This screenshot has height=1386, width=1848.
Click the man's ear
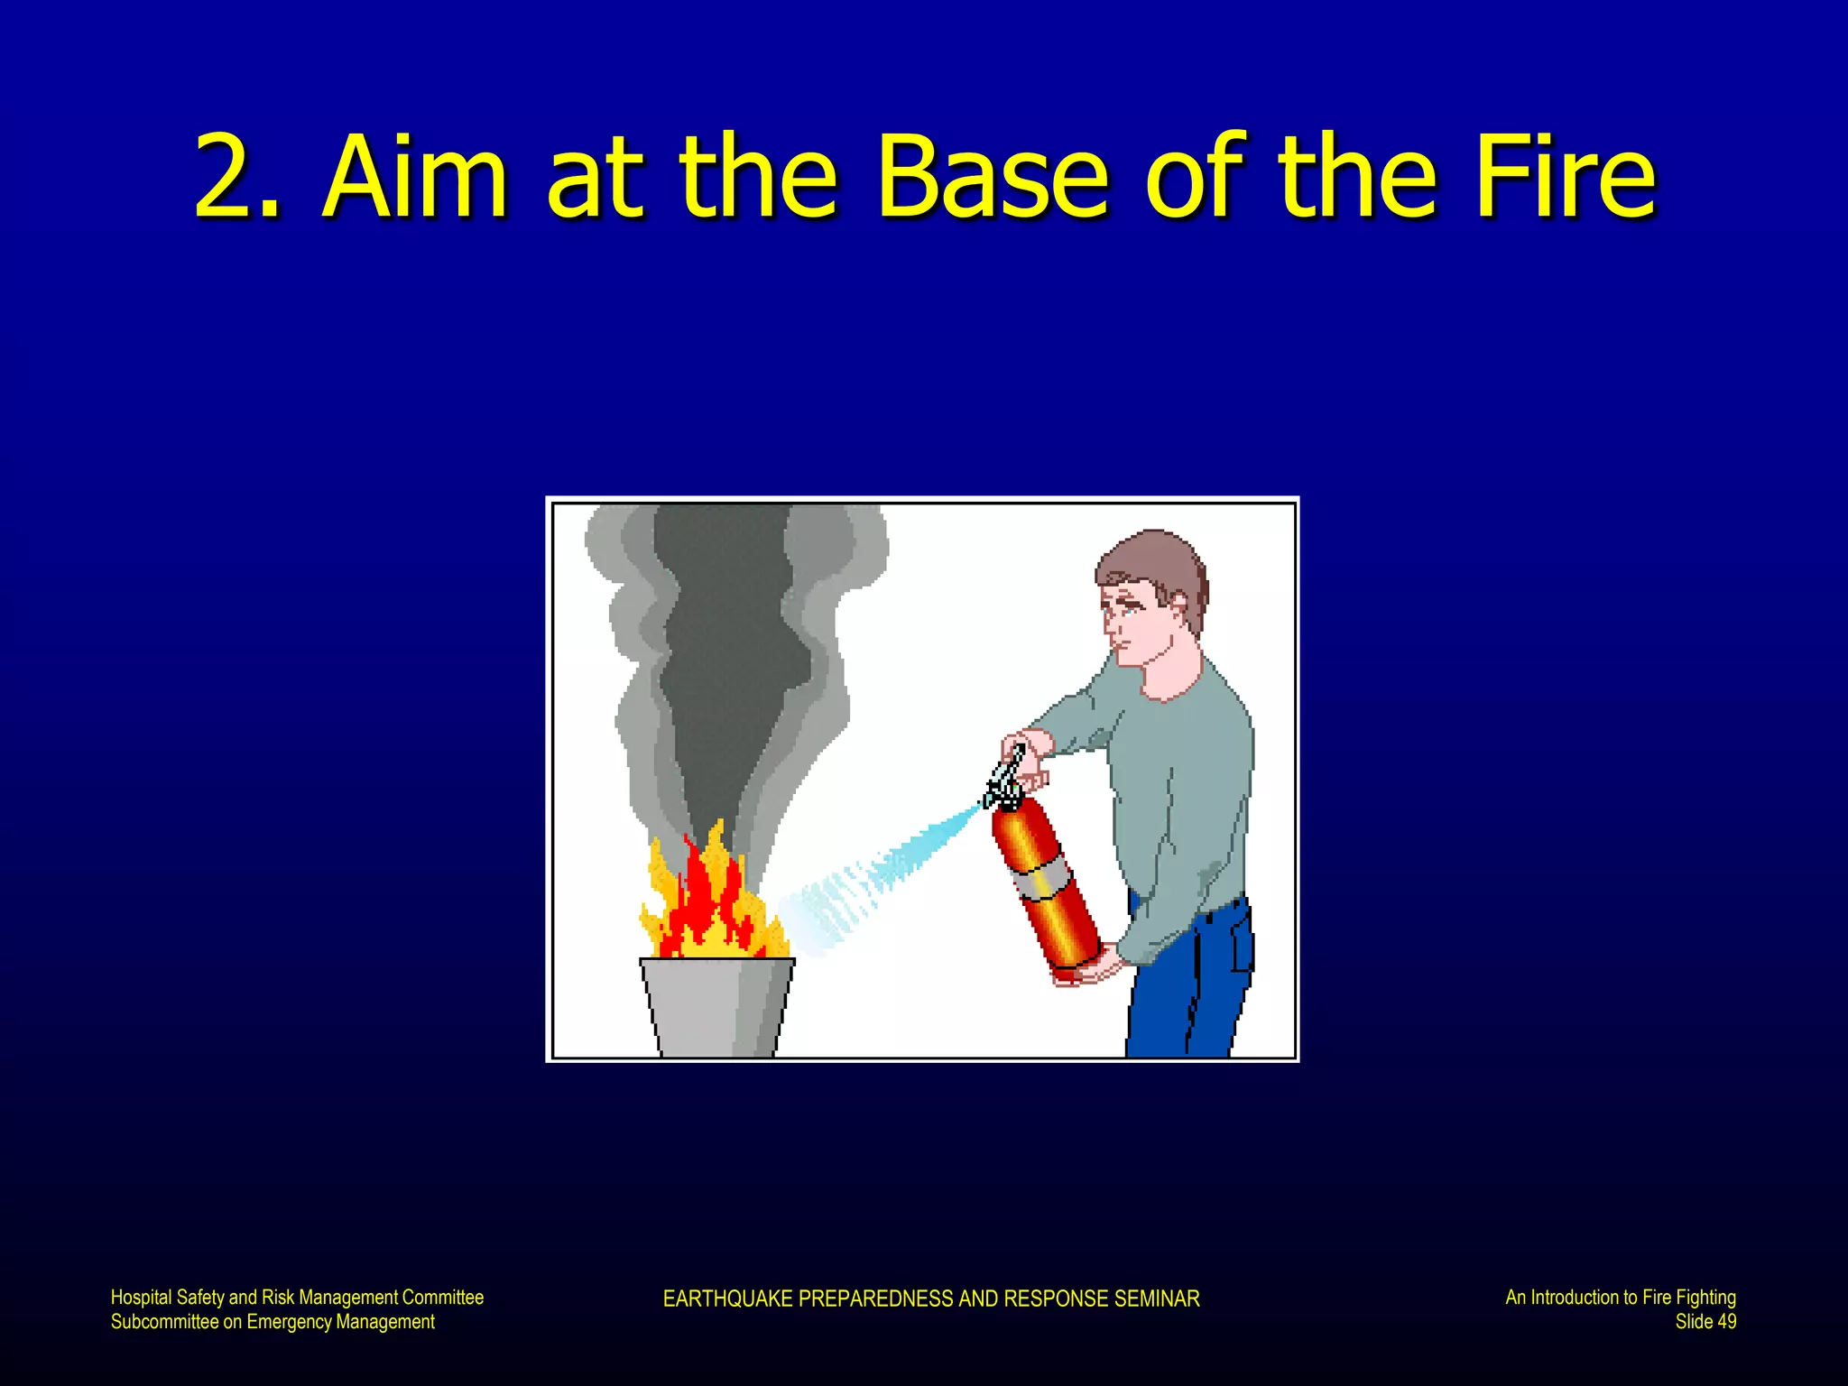tap(1178, 606)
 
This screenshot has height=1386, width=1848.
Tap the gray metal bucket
tap(717, 1006)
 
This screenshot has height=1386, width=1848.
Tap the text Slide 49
tap(1705, 1322)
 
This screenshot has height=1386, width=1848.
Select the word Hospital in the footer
tap(140, 1298)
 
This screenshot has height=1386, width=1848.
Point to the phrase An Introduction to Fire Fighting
tap(1620, 1298)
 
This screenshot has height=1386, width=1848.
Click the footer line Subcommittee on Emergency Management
tap(273, 1322)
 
